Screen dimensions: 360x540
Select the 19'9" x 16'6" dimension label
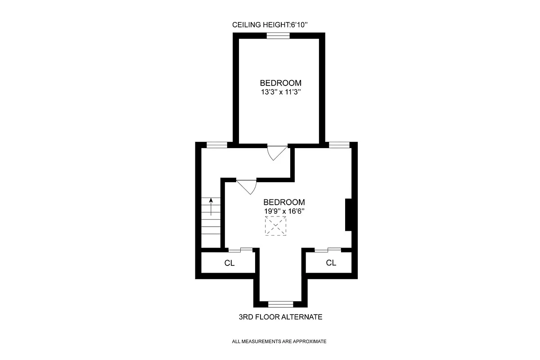click(x=284, y=211)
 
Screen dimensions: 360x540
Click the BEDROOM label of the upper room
click(x=280, y=83)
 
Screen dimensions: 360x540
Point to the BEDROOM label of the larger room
click(x=284, y=202)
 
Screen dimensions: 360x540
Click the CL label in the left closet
click(x=229, y=263)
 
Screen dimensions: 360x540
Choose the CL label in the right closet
click(x=331, y=263)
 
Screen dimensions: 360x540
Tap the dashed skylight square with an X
click(x=275, y=226)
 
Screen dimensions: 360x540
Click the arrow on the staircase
click(x=210, y=208)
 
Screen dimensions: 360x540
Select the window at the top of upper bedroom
click(x=278, y=36)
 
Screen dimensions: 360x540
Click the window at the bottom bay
click(x=280, y=304)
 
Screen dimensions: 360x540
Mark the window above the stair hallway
click(x=216, y=145)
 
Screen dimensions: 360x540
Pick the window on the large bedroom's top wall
click(x=339, y=145)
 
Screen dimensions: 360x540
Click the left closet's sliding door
click(x=240, y=250)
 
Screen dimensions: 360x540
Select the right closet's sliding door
click(x=328, y=250)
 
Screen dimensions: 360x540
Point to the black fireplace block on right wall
click(x=348, y=215)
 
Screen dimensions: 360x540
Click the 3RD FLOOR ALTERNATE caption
click(x=280, y=317)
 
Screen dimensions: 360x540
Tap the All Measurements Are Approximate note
click(x=279, y=342)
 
